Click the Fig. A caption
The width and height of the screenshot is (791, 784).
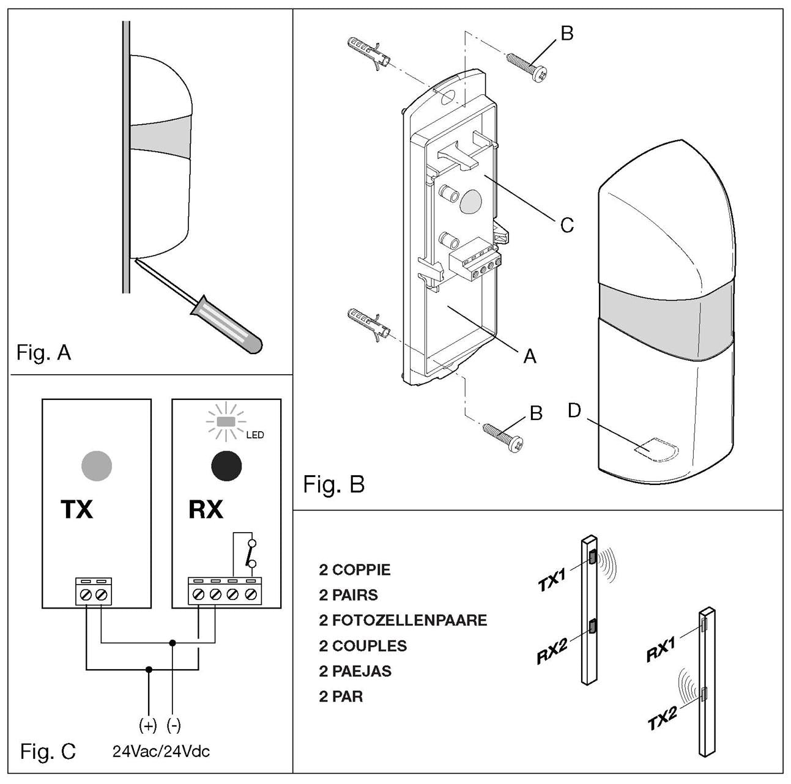[x=43, y=352]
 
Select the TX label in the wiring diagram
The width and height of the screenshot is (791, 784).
[x=76, y=509]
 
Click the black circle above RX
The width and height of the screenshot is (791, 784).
[x=226, y=466]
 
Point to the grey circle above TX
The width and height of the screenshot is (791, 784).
[x=97, y=466]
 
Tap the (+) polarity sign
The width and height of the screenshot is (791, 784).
[x=148, y=725]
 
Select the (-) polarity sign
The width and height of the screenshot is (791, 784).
[x=174, y=725]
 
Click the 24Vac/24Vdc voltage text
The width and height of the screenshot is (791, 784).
[x=161, y=751]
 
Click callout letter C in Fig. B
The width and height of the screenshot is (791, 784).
[x=567, y=225]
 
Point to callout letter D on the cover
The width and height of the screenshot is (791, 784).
[x=574, y=410]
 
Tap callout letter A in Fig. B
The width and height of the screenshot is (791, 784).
[x=530, y=356]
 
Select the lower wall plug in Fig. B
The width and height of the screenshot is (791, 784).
[x=368, y=322]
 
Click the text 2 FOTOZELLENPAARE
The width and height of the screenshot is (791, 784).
[x=403, y=620]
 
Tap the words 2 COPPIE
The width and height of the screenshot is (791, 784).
[x=354, y=569]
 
